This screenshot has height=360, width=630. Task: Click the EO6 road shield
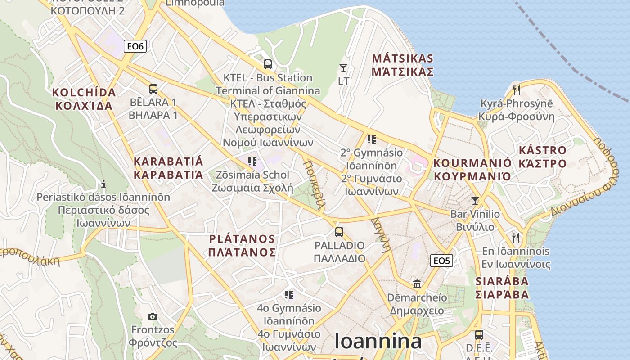(x=135, y=46)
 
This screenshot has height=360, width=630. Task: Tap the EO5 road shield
(x=441, y=261)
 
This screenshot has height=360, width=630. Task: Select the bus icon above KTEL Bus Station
(x=268, y=64)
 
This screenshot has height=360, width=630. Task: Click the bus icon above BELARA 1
(x=153, y=89)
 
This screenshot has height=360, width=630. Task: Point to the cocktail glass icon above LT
(x=343, y=68)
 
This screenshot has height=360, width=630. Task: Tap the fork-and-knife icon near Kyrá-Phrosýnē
(x=516, y=90)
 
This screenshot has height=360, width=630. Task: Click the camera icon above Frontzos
(x=153, y=316)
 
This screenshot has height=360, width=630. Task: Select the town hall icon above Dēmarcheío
(x=417, y=284)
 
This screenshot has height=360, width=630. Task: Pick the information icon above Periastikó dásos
(x=103, y=184)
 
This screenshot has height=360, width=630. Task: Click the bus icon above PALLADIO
(x=339, y=232)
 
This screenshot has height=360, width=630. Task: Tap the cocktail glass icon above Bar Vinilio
(x=475, y=201)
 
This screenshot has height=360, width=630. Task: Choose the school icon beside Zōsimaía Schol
(x=252, y=161)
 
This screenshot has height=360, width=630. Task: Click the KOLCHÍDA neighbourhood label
(x=84, y=99)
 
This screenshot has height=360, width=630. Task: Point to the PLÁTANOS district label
(x=242, y=245)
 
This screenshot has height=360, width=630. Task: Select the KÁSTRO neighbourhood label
(x=542, y=157)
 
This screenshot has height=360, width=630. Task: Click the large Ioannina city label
(x=378, y=341)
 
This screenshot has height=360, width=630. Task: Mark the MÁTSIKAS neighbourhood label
(x=403, y=65)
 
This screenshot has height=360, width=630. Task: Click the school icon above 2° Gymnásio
(x=371, y=139)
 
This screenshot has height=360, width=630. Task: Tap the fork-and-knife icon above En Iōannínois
(x=516, y=237)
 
